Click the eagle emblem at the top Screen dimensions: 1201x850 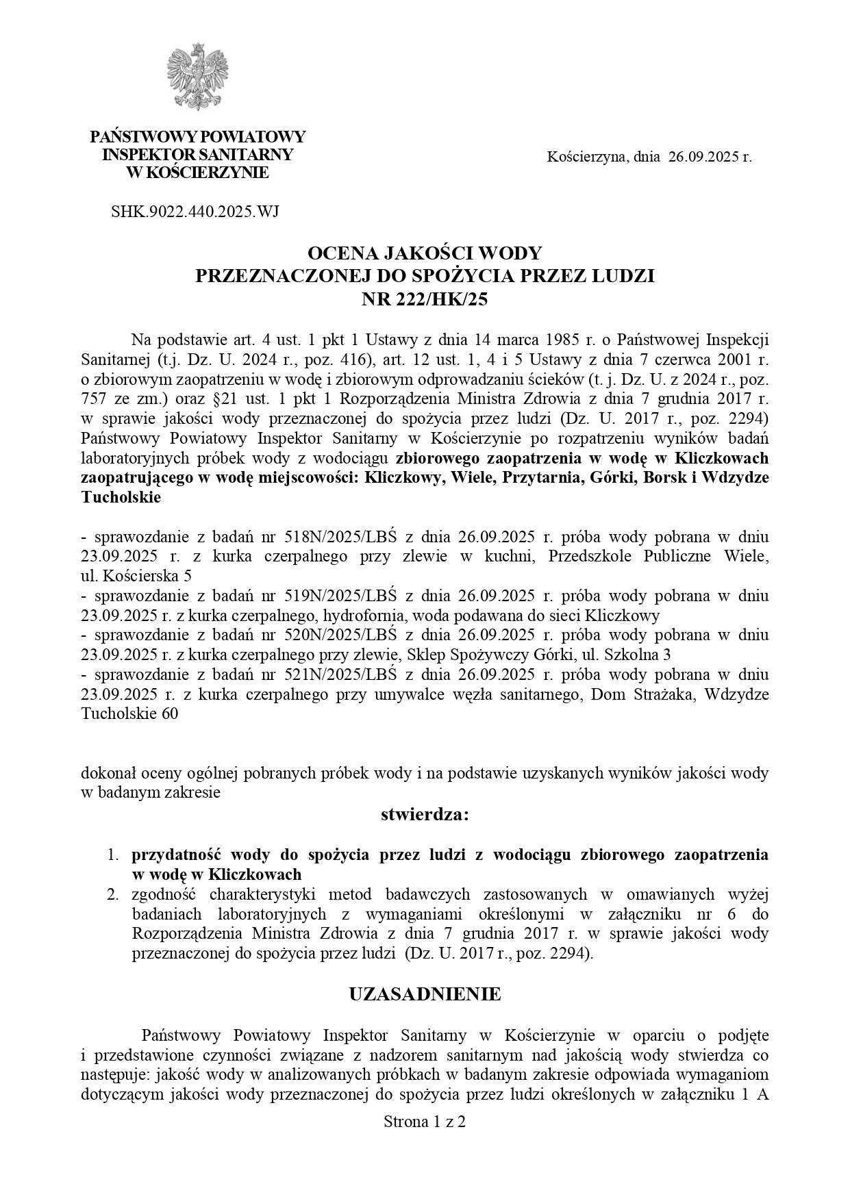click(x=198, y=76)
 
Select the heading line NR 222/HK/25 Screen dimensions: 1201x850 click(x=425, y=299)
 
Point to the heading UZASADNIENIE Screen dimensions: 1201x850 click(x=425, y=994)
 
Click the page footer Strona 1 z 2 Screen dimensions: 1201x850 click(x=425, y=1122)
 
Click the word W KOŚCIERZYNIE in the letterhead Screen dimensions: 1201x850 click(x=198, y=173)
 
